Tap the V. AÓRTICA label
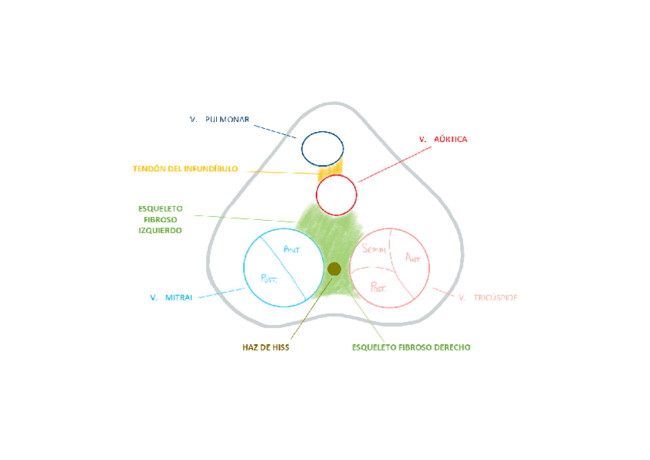coord(443,140)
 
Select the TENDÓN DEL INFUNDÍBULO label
coord(185,169)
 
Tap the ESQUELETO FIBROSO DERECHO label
coord(411,347)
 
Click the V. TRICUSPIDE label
coord(487,297)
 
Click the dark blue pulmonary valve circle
coord(322,149)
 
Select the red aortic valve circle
coord(336,195)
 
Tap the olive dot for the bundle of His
coord(334,268)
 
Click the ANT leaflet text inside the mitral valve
coord(292,249)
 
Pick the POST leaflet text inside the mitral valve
coord(269,279)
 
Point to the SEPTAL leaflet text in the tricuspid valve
coord(373,250)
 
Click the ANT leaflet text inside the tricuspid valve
coord(413,258)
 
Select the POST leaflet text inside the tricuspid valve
coord(379,287)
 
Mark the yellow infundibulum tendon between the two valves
coord(335,169)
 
